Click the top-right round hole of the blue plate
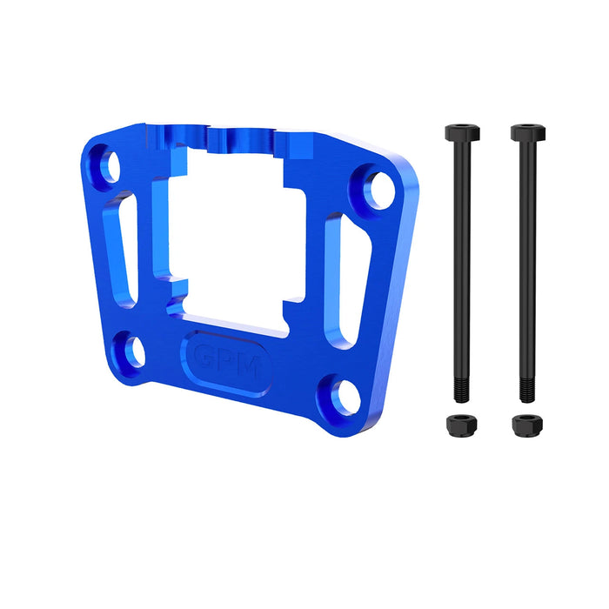[377, 190]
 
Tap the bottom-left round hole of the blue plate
[133, 351]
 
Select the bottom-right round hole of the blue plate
[339, 396]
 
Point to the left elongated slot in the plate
[123, 251]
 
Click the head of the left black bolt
[461, 133]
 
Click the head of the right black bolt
[525, 133]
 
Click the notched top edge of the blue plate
[235, 136]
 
